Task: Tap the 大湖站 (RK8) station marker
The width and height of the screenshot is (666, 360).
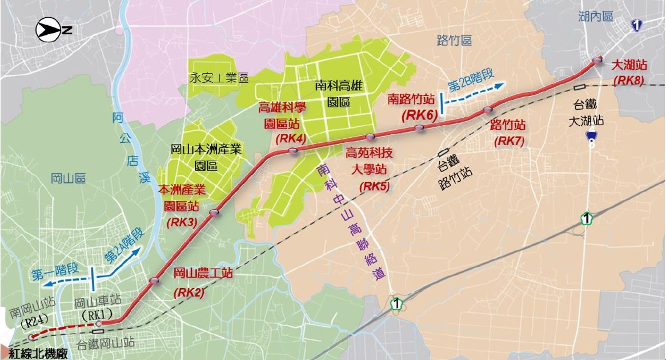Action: tap(597, 61)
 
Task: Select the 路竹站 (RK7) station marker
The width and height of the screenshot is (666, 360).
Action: tap(487, 110)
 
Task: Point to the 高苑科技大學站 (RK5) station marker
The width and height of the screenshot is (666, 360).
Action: tap(370, 137)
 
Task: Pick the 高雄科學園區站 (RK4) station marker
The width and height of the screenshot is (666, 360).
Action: tap(293, 151)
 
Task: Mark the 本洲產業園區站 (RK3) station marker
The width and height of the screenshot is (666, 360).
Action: tap(214, 213)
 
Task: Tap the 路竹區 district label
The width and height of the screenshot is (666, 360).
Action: tap(454, 40)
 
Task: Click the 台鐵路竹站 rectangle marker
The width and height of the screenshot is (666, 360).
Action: tap(442, 152)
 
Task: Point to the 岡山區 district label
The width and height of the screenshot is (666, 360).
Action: tap(68, 178)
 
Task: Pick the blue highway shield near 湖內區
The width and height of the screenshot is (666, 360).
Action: tap(636, 25)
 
